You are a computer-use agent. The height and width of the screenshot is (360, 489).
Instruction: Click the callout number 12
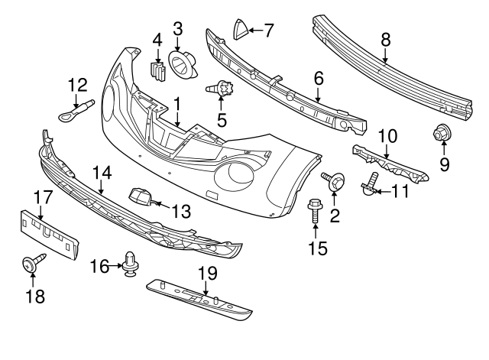(78, 84)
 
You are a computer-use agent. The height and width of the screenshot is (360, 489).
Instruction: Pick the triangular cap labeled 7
(239, 30)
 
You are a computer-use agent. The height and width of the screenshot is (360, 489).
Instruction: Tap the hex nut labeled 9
(441, 135)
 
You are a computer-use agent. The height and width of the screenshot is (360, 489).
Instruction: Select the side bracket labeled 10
(390, 162)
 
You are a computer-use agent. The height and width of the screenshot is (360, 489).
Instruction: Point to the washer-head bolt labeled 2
(335, 181)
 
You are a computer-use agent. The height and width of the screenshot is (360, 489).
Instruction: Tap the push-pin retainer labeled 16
(131, 266)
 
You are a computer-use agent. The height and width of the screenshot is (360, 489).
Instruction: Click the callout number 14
(102, 173)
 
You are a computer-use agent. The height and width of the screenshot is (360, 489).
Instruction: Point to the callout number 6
(318, 77)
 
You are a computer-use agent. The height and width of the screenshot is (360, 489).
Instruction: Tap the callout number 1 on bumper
(177, 101)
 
